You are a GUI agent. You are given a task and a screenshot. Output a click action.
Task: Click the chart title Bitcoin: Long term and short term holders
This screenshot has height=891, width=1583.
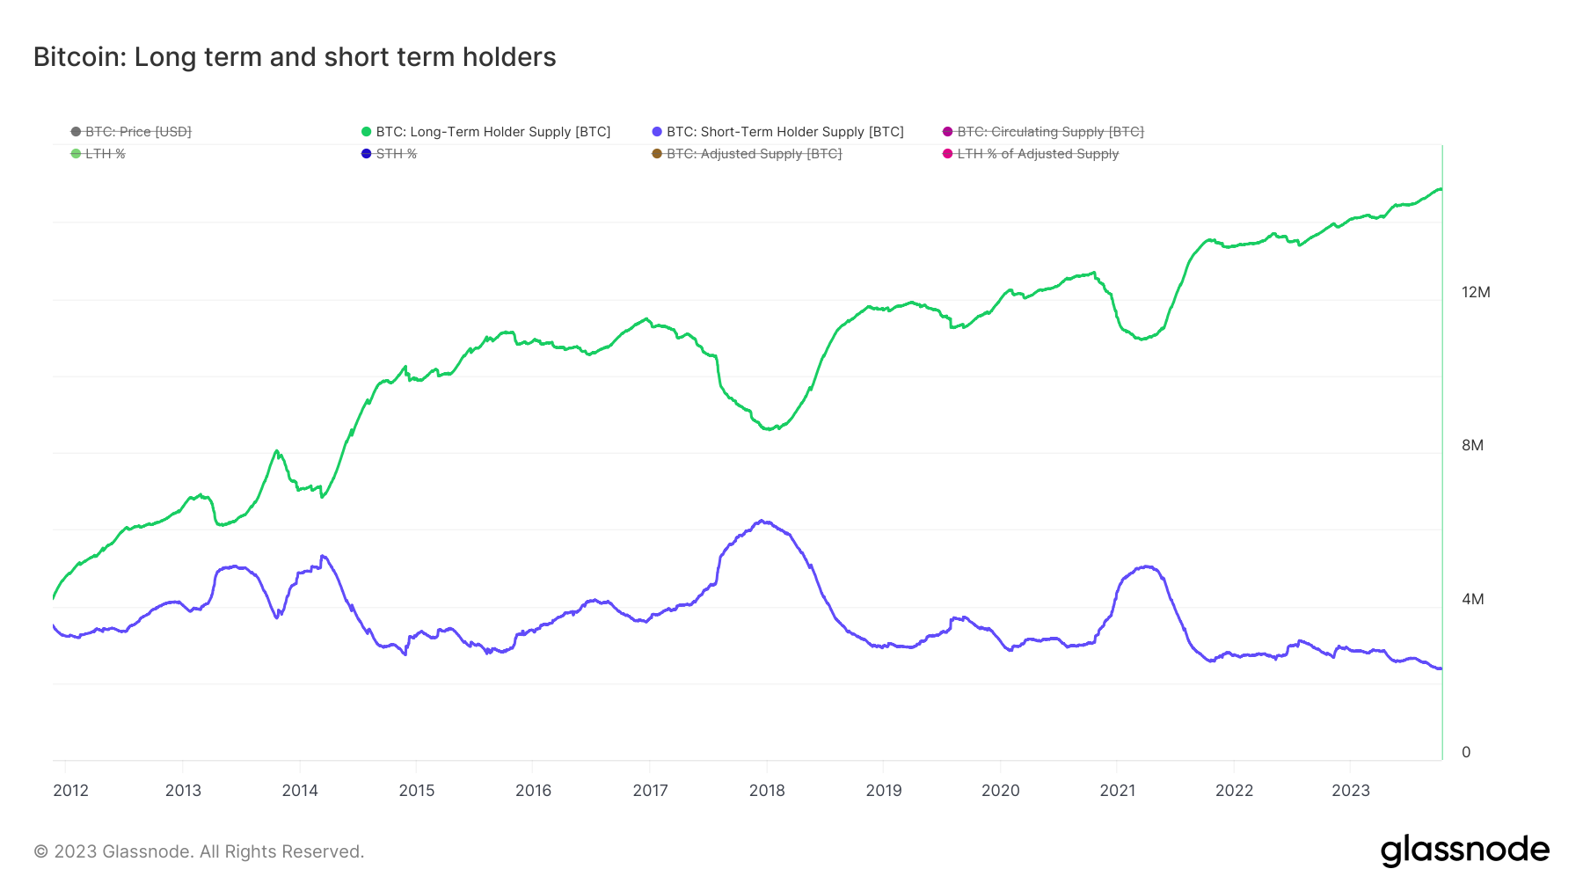(295, 57)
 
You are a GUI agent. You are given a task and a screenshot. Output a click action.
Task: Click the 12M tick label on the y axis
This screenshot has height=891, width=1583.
(1476, 292)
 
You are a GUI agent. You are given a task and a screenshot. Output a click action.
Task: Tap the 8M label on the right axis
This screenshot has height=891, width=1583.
(1472, 445)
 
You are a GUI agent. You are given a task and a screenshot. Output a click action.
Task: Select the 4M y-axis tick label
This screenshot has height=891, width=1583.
(1472, 599)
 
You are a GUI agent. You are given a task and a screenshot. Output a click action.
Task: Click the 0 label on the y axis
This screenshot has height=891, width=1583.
(1466, 752)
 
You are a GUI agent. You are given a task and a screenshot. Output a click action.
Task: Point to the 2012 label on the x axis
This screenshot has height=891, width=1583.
(71, 790)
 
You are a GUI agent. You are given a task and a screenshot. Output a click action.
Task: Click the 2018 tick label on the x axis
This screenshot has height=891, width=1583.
(767, 790)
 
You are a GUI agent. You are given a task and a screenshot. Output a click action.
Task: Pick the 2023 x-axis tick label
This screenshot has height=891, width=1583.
(1351, 790)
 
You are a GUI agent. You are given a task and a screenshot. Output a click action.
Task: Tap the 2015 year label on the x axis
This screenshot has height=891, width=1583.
(417, 790)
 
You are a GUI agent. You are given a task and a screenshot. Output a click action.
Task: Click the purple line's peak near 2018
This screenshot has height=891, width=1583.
(762, 521)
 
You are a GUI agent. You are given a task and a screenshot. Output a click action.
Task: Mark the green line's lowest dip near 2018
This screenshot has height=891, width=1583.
(769, 429)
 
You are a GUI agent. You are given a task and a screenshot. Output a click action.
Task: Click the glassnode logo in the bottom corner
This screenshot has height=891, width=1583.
(1464, 851)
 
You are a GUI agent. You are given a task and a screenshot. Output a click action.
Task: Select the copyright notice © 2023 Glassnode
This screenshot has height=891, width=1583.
(199, 851)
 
